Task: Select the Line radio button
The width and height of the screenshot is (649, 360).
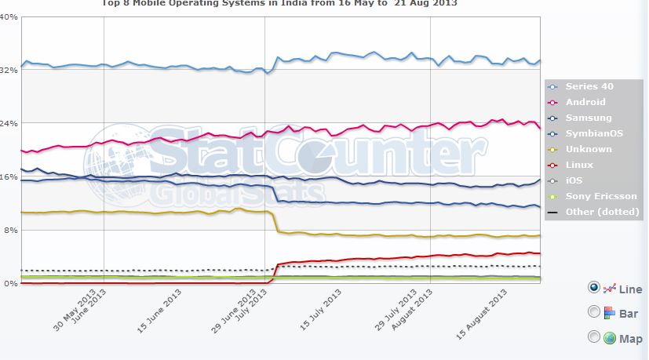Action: (x=594, y=288)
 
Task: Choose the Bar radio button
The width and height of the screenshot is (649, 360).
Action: (x=594, y=312)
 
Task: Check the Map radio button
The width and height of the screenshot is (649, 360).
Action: (x=594, y=337)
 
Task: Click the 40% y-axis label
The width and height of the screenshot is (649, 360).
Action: (x=9, y=16)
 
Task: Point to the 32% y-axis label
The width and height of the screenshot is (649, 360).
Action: (x=9, y=70)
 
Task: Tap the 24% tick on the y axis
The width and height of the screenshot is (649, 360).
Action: (x=9, y=123)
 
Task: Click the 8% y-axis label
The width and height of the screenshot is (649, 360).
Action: (x=11, y=230)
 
